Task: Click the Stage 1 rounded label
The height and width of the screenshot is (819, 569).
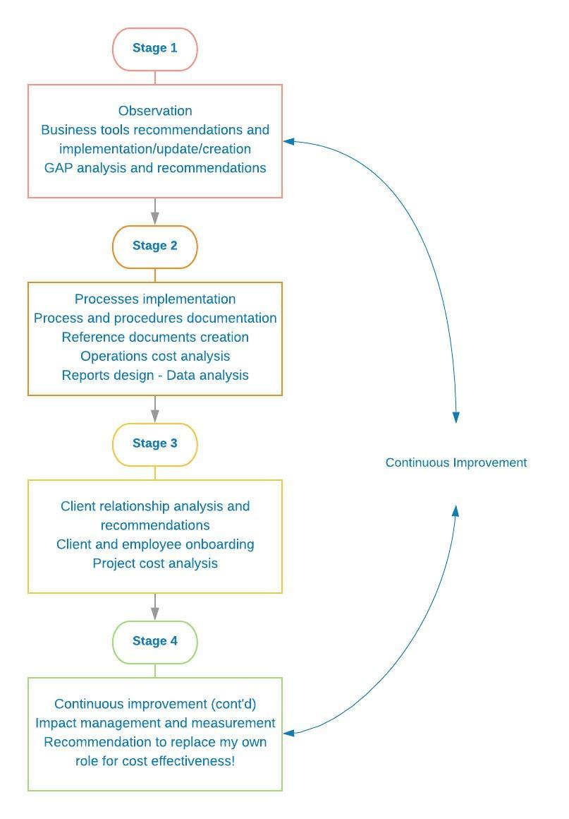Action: (155, 49)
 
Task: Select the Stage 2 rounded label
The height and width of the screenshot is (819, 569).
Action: (155, 247)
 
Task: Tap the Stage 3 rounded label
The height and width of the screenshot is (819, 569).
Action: (155, 445)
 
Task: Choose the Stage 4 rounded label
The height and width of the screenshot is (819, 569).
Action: (155, 642)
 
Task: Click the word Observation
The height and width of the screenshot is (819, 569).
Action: (155, 111)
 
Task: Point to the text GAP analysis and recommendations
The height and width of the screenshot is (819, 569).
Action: (155, 167)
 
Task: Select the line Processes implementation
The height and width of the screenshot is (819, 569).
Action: (155, 299)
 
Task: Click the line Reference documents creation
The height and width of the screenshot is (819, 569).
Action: (155, 337)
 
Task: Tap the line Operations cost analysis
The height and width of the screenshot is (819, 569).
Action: (155, 357)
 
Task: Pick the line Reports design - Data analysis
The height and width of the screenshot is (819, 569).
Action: (155, 376)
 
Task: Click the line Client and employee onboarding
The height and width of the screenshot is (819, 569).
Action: (155, 544)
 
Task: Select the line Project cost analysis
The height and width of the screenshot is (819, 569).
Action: (155, 563)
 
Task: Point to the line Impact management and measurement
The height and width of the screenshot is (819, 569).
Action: (155, 723)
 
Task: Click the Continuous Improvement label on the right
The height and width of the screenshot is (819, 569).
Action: (455, 462)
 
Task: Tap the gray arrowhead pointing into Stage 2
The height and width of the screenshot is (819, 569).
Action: (155, 219)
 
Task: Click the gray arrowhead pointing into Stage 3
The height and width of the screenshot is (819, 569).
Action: (155, 417)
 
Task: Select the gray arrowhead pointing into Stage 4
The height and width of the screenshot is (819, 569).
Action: (155, 614)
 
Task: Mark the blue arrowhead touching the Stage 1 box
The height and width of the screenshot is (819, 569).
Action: (289, 141)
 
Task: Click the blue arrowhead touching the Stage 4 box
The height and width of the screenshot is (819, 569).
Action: (289, 733)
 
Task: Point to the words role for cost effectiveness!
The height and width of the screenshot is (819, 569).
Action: (155, 761)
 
